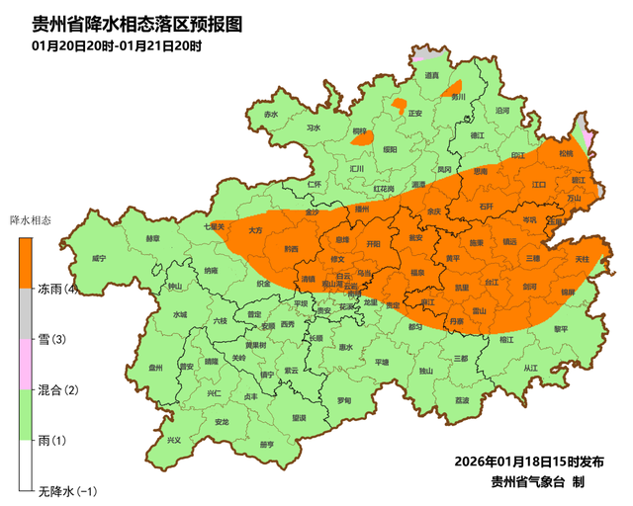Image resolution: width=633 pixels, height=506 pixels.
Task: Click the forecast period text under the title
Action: point(116,46)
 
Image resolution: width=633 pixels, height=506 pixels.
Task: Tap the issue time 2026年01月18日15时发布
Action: point(529,462)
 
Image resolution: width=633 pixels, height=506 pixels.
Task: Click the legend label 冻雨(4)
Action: point(58,289)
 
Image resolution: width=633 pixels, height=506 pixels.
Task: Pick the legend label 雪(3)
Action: point(51,339)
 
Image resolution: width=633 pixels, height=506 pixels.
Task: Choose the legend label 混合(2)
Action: point(57,389)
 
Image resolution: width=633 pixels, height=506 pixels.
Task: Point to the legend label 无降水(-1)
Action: point(64,490)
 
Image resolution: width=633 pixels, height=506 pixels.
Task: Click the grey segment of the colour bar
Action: point(28,313)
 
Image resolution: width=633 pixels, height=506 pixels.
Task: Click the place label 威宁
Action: point(98,258)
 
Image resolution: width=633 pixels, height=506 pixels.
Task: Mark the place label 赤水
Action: point(271,115)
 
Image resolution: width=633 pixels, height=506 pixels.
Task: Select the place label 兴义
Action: point(174,440)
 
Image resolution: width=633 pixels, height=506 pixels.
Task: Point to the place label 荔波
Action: point(462,400)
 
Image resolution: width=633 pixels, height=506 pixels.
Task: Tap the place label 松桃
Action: point(566,154)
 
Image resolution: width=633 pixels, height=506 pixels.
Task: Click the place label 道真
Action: point(431,75)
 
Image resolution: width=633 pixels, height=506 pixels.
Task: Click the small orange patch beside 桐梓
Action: point(399,103)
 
